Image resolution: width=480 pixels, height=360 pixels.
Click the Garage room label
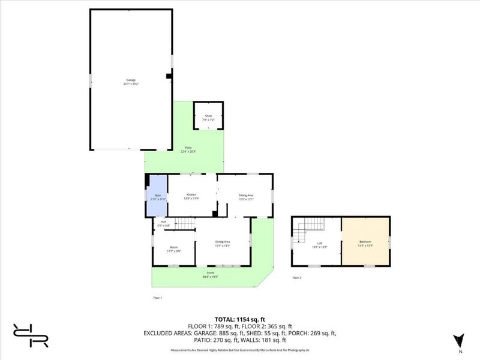(x=131, y=82)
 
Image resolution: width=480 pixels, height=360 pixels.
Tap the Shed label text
(x=208, y=116)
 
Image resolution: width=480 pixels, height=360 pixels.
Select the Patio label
(x=188, y=150)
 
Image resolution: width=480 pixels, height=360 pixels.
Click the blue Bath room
(x=157, y=196)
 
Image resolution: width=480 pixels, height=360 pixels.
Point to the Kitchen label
(x=191, y=196)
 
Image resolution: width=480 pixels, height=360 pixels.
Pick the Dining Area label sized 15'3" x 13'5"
(x=223, y=244)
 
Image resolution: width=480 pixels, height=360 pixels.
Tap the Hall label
(x=163, y=224)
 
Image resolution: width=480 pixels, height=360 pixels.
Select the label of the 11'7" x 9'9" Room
(x=174, y=248)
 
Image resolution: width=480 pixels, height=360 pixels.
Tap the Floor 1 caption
(x=158, y=298)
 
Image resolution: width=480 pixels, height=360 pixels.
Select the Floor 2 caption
(x=296, y=278)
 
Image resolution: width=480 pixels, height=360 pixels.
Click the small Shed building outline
(x=208, y=115)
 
